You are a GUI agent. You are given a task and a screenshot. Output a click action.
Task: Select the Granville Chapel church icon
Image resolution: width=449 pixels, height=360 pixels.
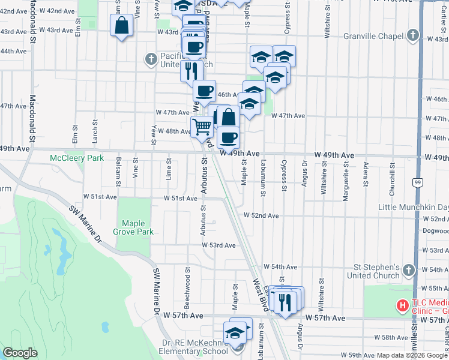point(412,36)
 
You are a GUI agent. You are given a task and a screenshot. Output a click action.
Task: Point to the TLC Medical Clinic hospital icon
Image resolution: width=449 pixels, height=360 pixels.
point(402,306)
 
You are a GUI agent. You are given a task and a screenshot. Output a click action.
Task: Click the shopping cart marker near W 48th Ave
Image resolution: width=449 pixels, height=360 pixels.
point(202,127)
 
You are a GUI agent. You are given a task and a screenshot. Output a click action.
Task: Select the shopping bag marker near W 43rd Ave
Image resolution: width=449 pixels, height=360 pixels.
point(121,26)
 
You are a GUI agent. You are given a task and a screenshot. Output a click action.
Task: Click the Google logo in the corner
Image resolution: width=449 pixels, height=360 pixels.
point(20,353)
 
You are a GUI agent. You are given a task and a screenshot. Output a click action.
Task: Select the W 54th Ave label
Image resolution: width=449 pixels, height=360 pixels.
point(280,267)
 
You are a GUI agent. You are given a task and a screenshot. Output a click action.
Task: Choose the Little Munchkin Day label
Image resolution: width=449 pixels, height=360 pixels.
point(413,207)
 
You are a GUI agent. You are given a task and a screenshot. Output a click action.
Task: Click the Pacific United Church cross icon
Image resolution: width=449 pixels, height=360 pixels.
point(151,59)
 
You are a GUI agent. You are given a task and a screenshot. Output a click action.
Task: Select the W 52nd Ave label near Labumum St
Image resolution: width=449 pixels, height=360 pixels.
point(261,215)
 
